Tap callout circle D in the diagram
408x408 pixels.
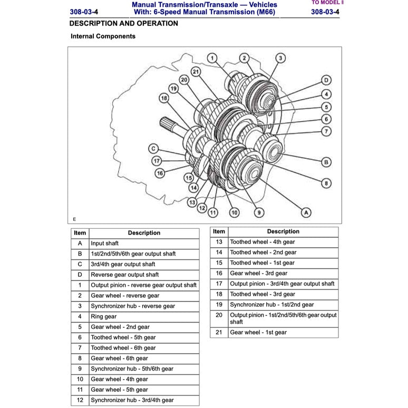(x=326, y=80)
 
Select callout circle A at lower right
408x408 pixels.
(x=306, y=212)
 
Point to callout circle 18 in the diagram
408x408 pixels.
(x=163, y=98)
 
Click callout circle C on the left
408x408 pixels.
(x=153, y=149)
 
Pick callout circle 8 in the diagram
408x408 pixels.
(x=326, y=183)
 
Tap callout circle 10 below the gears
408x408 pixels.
(x=234, y=212)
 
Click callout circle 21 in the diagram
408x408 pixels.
(x=196, y=72)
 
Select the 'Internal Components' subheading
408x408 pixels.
(x=103, y=36)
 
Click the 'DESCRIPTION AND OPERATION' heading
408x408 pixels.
(x=123, y=24)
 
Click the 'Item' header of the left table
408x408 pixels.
(x=80, y=232)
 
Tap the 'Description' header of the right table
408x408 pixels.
(x=283, y=231)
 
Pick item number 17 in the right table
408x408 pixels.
(x=219, y=284)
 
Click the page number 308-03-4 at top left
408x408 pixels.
(x=83, y=12)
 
